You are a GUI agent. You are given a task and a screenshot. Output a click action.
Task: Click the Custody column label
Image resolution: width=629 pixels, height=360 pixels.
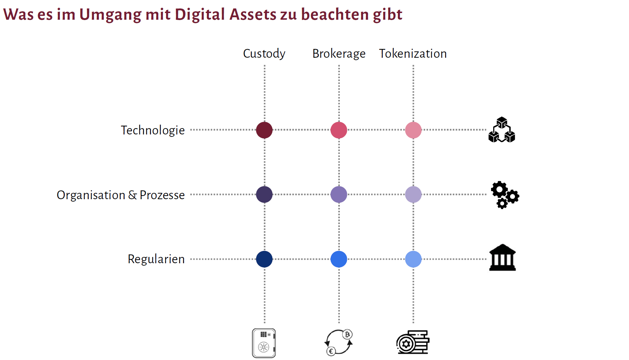(x=264, y=54)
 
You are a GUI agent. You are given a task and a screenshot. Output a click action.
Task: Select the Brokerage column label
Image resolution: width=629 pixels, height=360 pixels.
(x=339, y=54)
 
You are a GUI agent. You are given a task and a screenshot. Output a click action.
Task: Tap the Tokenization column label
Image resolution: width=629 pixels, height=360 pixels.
(x=413, y=54)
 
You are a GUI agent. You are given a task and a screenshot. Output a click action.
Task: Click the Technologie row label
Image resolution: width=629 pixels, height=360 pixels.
(x=153, y=130)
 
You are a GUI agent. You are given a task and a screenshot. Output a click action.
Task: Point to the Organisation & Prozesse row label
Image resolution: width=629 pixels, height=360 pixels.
(x=121, y=195)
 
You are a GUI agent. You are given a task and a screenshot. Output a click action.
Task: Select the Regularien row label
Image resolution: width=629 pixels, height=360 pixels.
(x=156, y=259)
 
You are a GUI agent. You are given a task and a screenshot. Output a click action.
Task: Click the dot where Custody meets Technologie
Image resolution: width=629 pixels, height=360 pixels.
(x=264, y=130)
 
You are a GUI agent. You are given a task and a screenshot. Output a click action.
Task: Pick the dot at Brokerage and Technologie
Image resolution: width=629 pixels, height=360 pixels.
(x=339, y=130)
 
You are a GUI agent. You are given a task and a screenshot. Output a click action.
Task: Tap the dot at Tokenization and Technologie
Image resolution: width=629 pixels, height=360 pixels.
(x=413, y=130)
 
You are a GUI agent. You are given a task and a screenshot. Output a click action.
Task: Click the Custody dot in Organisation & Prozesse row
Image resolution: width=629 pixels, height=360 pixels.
(x=264, y=195)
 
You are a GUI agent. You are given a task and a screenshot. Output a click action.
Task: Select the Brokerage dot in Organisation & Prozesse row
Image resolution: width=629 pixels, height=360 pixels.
(x=339, y=195)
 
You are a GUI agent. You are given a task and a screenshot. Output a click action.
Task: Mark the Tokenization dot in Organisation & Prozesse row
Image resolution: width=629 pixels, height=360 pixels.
(x=413, y=195)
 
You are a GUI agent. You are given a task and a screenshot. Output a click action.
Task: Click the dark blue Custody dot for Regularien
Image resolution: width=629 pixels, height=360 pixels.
(x=264, y=259)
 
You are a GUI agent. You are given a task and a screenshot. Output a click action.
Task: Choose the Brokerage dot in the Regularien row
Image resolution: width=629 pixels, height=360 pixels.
(x=339, y=259)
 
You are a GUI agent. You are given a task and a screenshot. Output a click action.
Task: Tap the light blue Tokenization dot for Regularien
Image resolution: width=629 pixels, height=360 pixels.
(x=413, y=259)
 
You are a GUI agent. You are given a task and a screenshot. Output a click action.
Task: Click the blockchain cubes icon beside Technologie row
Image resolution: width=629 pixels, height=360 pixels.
(x=502, y=130)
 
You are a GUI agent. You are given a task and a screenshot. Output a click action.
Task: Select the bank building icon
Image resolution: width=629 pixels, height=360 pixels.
(x=502, y=258)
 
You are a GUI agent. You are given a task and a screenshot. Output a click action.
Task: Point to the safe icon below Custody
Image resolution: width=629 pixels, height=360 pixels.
(x=264, y=343)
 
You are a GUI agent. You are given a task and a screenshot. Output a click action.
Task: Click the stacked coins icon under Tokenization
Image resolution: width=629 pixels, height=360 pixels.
(x=413, y=342)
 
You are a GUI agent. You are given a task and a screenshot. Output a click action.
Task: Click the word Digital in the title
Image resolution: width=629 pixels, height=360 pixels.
(x=199, y=15)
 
